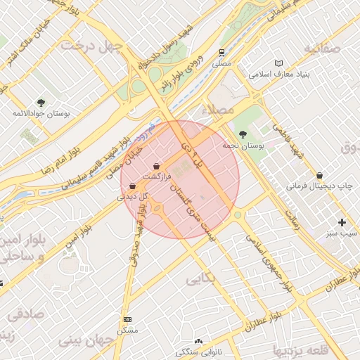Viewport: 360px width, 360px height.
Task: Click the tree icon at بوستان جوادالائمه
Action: tap(41, 103)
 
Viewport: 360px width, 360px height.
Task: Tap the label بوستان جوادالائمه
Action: tap(41, 113)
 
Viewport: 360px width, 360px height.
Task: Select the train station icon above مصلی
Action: tap(222, 53)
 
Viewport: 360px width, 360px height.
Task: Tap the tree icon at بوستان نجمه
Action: tap(243, 134)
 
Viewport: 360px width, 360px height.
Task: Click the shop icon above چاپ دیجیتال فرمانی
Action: tap(320, 176)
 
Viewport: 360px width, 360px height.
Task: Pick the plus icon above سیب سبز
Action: tap(342, 222)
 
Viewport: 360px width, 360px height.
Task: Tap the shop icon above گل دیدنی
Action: tap(133, 186)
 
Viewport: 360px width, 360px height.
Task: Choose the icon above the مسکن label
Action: tap(127, 319)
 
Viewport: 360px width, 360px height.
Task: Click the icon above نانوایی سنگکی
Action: tap(198, 342)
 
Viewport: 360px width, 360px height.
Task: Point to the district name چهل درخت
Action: tap(91, 46)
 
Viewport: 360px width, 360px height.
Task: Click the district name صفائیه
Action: tap(322, 48)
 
